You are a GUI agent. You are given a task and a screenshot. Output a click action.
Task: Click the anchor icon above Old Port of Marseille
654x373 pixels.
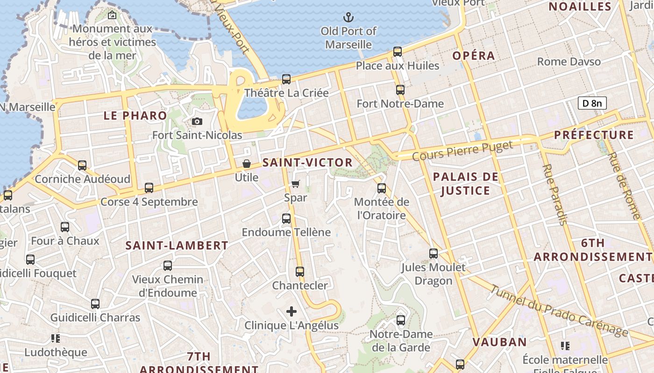pos(348,18)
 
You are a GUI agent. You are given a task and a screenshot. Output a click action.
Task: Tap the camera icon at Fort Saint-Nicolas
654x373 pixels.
pos(197,122)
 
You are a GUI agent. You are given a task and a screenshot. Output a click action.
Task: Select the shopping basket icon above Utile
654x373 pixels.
pos(247,164)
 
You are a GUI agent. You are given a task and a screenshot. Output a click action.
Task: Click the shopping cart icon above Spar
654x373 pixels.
pos(295,184)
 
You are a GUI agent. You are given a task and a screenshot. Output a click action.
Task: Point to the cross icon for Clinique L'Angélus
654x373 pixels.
pos(291,311)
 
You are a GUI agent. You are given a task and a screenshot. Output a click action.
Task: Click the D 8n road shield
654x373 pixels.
pos(592,103)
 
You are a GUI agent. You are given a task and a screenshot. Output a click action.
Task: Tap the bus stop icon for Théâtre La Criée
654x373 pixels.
pos(286,79)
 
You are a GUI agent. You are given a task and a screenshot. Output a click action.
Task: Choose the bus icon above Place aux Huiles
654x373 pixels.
pos(398,52)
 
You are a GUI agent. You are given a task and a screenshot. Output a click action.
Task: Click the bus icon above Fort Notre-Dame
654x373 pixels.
pos(400,90)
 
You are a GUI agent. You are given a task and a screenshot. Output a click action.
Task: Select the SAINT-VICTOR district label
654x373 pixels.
pos(307,163)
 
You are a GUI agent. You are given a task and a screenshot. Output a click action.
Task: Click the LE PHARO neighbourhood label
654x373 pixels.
pos(135,116)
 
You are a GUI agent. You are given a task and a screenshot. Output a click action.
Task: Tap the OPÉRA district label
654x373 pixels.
pos(474,56)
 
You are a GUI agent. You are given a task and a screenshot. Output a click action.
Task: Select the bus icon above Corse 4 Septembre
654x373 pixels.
pos(149,188)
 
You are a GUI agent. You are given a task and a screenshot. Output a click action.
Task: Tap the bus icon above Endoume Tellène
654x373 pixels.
pos(286,218)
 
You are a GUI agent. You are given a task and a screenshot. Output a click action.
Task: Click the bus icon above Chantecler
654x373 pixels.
pos(300,271)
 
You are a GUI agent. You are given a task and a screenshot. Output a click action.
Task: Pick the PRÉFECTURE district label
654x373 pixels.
pos(594,135)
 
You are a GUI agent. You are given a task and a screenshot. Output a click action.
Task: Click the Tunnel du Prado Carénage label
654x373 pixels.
pos(558,310)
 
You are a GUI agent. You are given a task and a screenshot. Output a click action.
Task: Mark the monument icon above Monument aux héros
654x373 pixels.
pos(112,15)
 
